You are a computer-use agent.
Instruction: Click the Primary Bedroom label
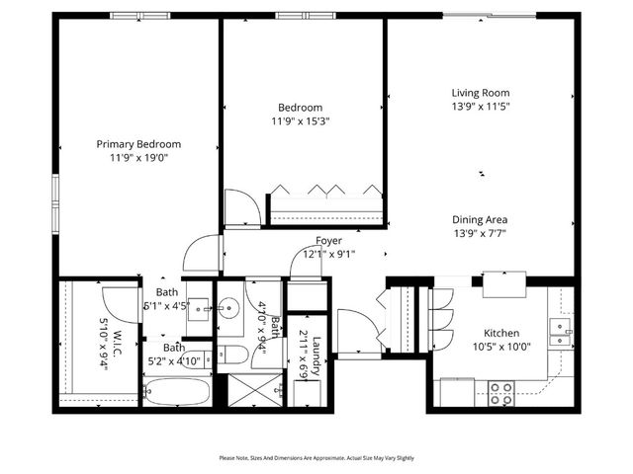pos(138,143)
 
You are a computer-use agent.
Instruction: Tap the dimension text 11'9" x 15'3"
pos(300,121)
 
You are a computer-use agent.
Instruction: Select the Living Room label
pos(480,93)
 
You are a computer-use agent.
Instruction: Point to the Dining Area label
pos(480,220)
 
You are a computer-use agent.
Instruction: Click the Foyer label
pos(328,241)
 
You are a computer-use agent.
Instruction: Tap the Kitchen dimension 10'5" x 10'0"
pos(500,348)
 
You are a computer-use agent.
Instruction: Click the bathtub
pos(176,391)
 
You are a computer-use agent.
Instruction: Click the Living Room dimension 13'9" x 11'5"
pos(480,107)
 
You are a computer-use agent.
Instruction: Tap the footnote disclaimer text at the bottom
pos(316,458)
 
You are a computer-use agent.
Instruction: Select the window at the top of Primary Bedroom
pos(137,15)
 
